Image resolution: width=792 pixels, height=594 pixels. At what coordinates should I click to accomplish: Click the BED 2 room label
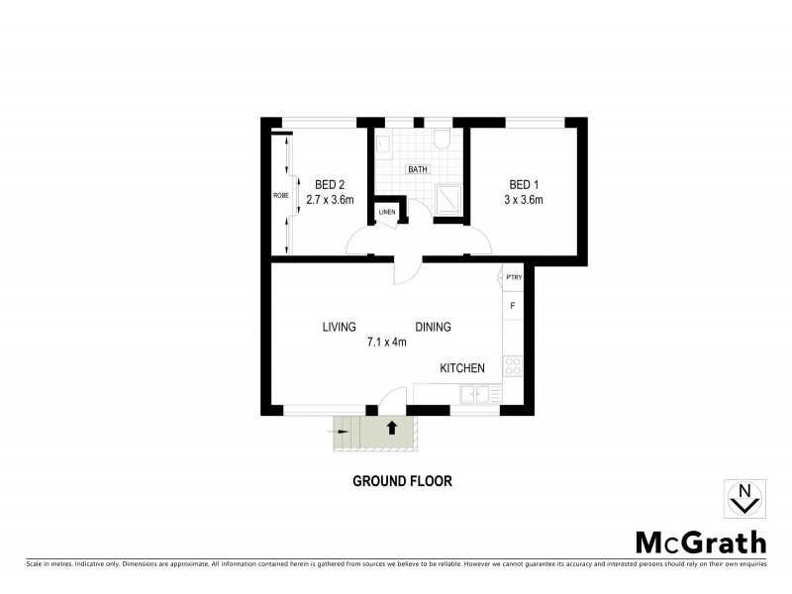pos(330,184)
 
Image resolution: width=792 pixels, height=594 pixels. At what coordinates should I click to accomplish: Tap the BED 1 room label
pos(524,184)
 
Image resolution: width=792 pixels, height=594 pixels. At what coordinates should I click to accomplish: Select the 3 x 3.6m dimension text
pos(524,199)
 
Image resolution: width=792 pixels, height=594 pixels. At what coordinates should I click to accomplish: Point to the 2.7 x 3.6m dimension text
pos(330,199)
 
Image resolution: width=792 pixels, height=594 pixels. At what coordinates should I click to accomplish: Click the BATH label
pos(418,169)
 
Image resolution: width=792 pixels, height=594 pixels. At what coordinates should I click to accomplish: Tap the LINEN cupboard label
pos(386,213)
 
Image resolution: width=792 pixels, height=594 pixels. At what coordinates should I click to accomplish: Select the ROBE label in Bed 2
pos(280,196)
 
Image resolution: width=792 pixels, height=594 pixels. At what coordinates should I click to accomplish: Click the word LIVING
pos(339,327)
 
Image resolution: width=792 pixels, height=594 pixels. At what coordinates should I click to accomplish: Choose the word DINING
pos(433,327)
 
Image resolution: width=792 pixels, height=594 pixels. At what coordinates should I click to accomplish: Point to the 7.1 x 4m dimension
pos(387,343)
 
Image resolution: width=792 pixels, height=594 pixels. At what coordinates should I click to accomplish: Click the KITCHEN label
pos(462,368)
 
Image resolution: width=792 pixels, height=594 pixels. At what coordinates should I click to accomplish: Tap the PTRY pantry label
pos(513,278)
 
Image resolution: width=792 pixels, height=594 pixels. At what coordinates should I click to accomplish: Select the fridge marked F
pos(513,305)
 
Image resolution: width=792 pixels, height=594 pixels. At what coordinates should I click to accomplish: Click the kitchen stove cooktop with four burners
pos(513,366)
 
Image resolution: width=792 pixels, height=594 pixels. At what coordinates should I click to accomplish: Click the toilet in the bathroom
pos(442,140)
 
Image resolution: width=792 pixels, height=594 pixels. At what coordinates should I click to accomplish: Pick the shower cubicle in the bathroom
pos(448,198)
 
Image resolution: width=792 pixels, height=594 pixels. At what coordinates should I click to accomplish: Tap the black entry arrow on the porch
pos(392,428)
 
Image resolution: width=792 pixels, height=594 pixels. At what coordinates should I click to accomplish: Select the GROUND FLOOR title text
pos(402,481)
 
